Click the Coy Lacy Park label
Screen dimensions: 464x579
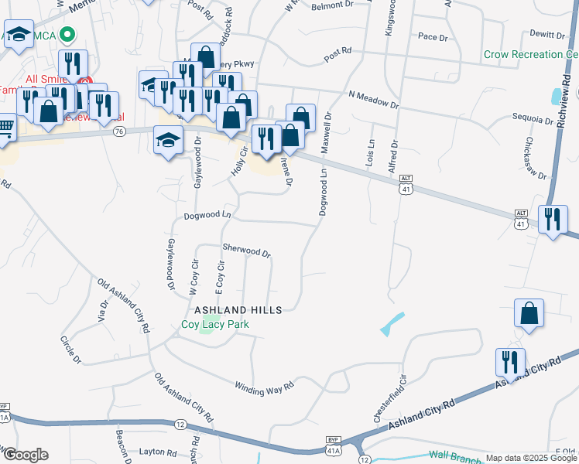(215, 324)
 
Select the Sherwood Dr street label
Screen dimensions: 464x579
(246, 252)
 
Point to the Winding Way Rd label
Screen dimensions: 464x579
(266, 384)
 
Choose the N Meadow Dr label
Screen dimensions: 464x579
(373, 99)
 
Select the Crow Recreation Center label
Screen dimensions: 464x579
(531, 55)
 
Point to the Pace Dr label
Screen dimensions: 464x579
(433, 36)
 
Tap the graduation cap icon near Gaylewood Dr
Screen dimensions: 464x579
(168, 141)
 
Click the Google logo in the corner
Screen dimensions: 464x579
(25, 455)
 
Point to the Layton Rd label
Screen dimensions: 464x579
(158, 452)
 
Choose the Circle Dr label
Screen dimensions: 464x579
(70, 349)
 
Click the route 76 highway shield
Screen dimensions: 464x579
(118, 132)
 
